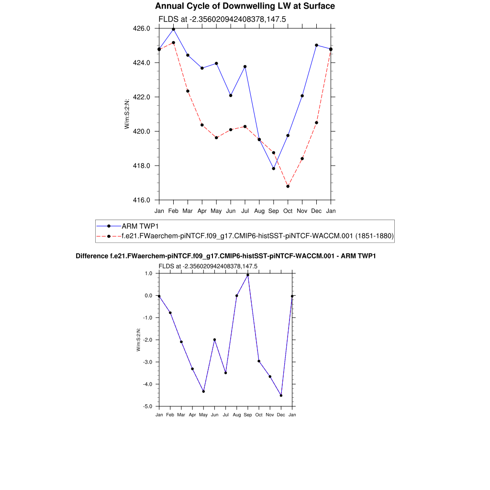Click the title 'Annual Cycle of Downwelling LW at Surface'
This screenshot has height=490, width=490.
[245, 6]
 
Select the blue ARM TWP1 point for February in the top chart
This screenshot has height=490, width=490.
[173, 29]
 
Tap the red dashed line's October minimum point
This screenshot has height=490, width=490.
[288, 186]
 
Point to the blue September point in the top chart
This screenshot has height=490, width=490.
[274, 168]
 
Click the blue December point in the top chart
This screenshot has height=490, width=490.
[317, 45]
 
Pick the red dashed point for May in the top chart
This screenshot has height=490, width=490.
[216, 138]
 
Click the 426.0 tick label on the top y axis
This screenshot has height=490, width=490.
[141, 29]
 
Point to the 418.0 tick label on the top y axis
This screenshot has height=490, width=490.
[141, 166]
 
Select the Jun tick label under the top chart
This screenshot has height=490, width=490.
[231, 211]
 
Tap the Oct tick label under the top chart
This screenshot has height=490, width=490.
[288, 211]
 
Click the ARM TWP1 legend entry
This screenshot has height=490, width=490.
[139, 226]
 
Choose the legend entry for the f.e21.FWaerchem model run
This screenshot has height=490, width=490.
[257, 236]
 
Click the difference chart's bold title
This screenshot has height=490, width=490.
[226, 256]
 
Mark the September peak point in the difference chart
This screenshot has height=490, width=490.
[248, 275]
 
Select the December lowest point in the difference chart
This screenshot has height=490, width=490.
[281, 395]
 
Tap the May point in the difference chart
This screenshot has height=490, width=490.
[203, 391]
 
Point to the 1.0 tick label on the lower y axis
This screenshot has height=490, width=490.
[148, 274]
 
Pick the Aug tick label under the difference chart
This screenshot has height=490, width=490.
[236, 415]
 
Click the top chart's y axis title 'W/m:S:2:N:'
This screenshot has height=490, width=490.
[127, 114]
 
